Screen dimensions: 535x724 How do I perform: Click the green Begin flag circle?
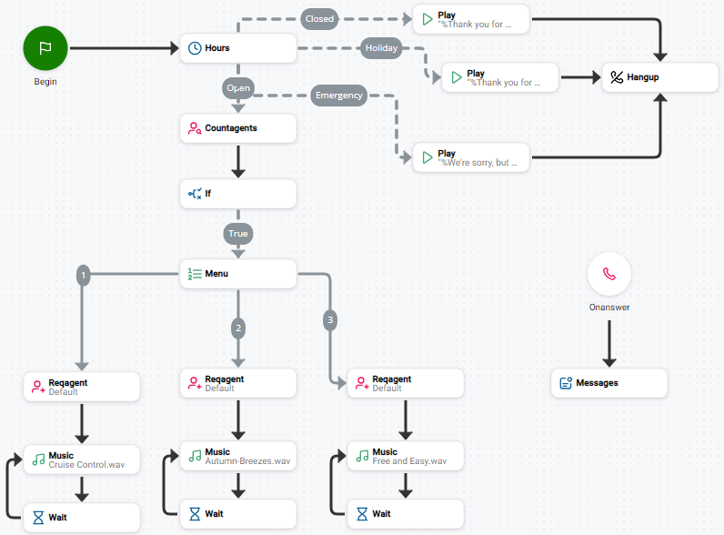pos(45,47)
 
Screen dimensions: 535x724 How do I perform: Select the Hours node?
pos(238,48)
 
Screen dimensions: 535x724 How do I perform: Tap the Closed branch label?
pos(319,18)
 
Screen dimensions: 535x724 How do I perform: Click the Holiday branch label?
pos(381,48)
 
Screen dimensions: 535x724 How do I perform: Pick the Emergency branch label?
pos(339,95)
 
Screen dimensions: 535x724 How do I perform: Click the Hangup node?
pos(660,77)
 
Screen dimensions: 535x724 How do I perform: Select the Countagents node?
pos(238,128)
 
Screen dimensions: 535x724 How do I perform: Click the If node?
pos(238,194)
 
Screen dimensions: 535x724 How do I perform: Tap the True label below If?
pos(238,234)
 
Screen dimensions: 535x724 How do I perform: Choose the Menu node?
pos(238,274)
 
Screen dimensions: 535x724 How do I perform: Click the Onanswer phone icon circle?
pos(609,274)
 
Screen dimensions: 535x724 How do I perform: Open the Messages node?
pos(609,383)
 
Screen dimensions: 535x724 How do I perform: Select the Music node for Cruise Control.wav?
pos(82,459)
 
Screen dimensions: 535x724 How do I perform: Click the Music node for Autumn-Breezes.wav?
pos(238,456)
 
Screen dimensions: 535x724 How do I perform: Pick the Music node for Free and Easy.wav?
pos(406,456)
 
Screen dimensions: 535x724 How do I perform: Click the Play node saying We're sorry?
pos(471,157)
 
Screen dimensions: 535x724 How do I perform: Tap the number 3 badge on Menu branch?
pos(330,319)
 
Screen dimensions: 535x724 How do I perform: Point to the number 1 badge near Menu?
pos(84,274)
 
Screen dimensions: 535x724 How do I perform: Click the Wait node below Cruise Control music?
pos(82,518)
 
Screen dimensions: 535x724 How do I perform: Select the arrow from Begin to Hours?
pos(124,48)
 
